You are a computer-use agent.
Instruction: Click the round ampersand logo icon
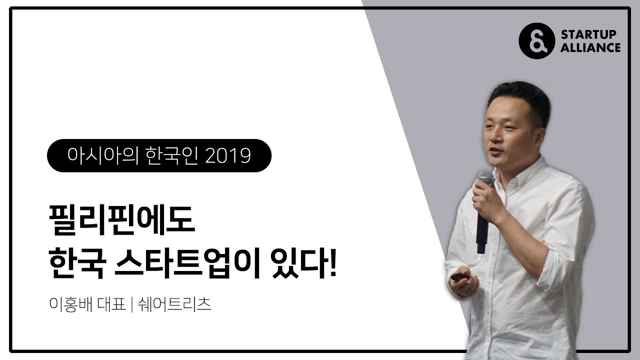536,41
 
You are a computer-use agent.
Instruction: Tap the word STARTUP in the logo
588,34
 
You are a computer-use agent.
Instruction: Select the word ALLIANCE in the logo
590,47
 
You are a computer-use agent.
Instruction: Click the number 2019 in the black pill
228,156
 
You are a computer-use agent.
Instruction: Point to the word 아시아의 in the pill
103,156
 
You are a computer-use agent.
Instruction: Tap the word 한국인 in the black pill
171,156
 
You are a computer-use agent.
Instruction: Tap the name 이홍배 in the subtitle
71,304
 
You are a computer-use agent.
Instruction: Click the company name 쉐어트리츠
174,304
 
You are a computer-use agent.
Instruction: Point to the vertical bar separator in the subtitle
131,304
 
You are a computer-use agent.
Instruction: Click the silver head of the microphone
485,177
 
